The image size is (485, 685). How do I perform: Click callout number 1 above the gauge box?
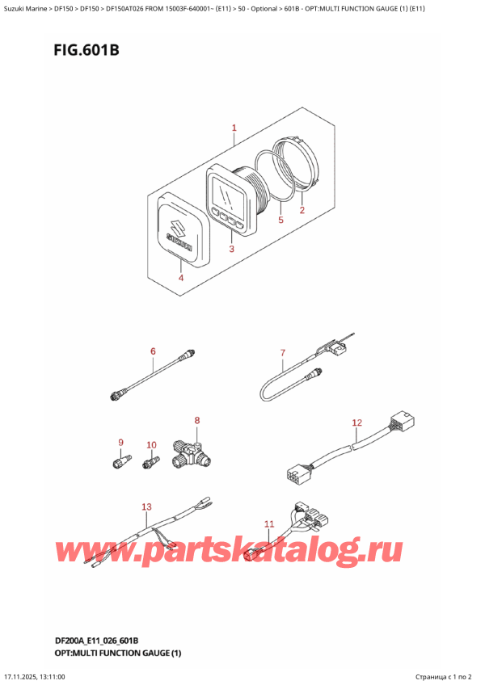point(234,128)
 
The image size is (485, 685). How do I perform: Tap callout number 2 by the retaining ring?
point(302,212)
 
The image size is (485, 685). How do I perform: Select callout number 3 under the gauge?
point(230,250)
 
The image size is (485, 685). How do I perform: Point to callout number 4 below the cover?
point(180,278)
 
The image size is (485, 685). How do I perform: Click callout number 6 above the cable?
point(152,351)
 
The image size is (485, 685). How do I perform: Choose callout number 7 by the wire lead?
point(283,353)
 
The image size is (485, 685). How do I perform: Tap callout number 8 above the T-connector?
point(196,421)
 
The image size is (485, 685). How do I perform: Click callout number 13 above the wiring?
point(146,507)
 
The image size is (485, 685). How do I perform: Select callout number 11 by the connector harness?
point(269,524)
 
